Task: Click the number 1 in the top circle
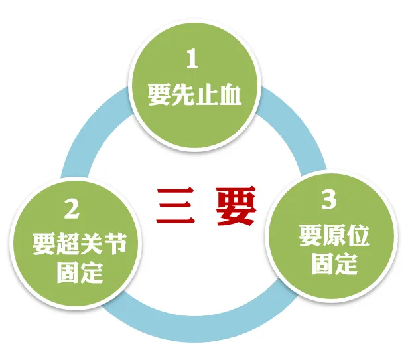tap(192, 60)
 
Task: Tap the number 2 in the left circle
tap(72, 209)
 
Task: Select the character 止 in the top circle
tap(204, 96)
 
